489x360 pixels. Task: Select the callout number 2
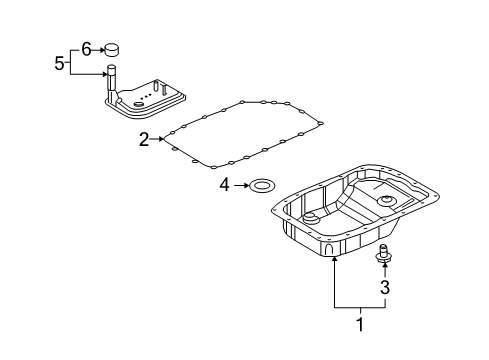pyautogui.click(x=144, y=140)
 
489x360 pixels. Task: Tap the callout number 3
pyautogui.click(x=385, y=287)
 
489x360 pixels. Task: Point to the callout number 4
pyautogui.click(x=225, y=185)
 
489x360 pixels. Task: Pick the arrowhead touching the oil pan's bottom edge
pyautogui.click(x=333, y=259)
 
